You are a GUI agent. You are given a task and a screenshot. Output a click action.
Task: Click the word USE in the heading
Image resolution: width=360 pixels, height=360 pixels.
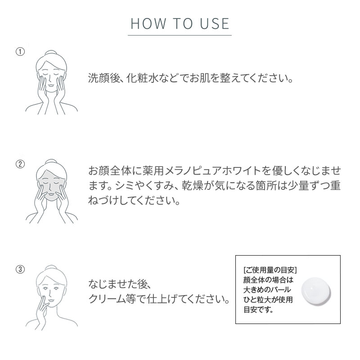click(x=214, y=24)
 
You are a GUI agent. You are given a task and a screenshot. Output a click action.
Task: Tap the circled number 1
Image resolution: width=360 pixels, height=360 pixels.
click(x=20, y=52)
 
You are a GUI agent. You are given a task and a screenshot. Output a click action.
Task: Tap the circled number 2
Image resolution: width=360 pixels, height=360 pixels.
click(x=20, y=164)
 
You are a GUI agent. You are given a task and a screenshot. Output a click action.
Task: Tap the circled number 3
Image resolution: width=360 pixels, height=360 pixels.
click(x=20, y=270)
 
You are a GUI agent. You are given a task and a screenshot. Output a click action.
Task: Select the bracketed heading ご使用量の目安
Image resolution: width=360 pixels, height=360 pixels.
click(x=270, y=270)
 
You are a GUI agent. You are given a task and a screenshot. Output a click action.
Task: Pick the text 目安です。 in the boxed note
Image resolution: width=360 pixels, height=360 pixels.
click(x=258, y=310)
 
